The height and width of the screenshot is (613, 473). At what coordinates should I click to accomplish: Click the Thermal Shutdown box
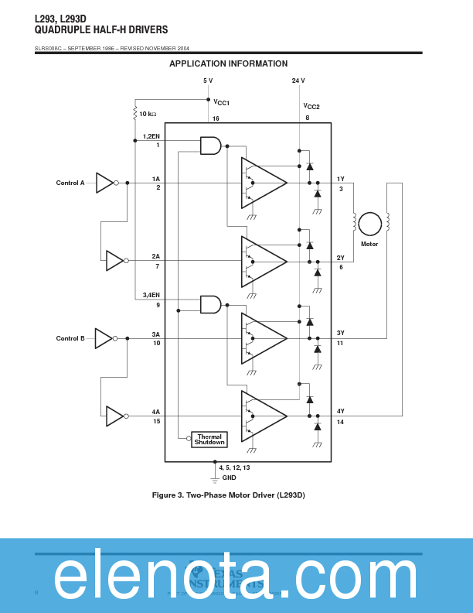point(209,440)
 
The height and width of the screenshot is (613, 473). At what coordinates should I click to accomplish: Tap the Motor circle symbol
point(369,224)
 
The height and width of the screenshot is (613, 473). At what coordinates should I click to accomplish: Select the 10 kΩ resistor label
point(148,114)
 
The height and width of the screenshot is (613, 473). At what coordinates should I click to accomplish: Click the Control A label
point(70,183)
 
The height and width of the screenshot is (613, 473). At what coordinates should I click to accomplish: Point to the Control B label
point(70,338)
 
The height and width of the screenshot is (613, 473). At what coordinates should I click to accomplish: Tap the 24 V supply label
point(298,80)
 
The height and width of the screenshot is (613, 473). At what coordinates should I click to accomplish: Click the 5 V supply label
point(208,80)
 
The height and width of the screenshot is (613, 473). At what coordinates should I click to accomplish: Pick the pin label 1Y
point(341,179)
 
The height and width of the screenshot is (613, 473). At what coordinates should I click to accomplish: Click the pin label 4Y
point(341,411)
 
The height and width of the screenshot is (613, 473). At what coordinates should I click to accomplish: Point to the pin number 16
point(216,118)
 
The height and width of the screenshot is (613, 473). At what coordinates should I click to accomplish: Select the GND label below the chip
point(230,478)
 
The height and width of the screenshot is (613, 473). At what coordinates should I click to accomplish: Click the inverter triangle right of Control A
point(105,183)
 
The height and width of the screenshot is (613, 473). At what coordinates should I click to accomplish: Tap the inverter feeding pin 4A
point(115,416)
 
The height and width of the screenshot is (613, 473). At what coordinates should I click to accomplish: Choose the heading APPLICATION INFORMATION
point(228,63)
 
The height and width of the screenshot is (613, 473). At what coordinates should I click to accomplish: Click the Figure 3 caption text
point(228,495)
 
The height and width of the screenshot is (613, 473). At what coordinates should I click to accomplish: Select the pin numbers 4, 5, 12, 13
point(234,467)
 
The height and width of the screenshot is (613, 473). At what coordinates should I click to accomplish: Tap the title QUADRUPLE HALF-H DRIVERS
point(101,30)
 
